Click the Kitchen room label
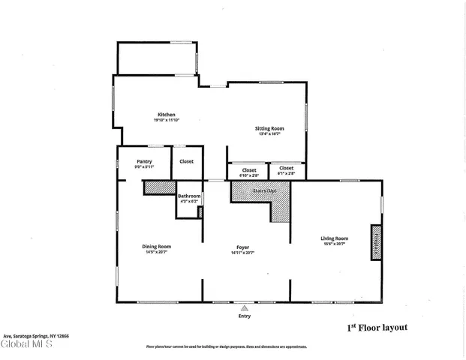166,114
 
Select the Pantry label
145,160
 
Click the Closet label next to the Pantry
186,161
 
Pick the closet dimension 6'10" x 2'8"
248,175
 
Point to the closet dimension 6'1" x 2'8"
287,175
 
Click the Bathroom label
189,196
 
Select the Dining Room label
158,246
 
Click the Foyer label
244,247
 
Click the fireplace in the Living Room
376,242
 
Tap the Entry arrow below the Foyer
244,307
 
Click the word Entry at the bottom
244,316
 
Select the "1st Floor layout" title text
377,328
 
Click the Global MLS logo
26,345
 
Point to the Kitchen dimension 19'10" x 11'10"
166,120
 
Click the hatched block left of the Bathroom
159,187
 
